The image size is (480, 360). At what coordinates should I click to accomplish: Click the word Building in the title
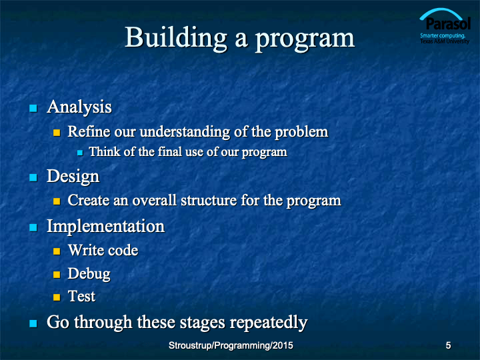point(176,39)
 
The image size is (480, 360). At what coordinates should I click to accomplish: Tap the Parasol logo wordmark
point(448,23)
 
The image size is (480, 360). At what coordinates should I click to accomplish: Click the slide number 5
point(448,345)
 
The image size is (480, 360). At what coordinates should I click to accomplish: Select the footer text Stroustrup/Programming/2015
point(231,345)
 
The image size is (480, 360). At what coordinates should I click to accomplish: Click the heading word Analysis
point(79,107)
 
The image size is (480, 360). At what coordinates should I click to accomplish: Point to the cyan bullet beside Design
point(33,177)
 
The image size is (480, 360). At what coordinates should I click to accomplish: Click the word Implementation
point(105,226)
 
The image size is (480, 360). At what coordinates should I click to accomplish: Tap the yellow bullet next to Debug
point(57,274)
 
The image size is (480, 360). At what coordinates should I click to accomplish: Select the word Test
point(81,296)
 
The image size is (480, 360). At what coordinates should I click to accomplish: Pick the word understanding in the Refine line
point(185,132)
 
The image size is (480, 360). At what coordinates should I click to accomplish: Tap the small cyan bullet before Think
point(80,153)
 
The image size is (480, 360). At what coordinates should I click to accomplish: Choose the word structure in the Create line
point(209,201)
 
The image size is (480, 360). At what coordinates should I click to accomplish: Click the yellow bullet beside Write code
point(57,251)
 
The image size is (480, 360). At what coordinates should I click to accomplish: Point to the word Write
point(86,250)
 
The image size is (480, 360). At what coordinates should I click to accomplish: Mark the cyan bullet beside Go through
point(33,323)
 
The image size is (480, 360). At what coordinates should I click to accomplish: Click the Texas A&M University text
point(445,41)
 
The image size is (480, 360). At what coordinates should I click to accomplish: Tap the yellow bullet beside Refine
point(57,133)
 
